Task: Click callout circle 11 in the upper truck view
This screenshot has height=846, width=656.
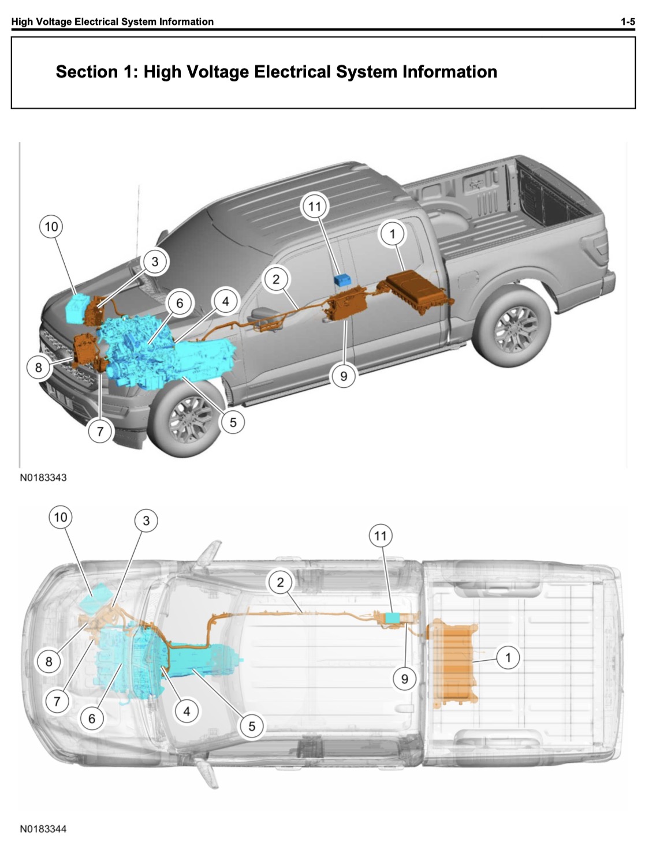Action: [x=315, y=207]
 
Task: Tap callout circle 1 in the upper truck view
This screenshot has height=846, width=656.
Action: [x=392, y=234]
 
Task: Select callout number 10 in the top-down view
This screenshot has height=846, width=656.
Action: [x=61, y=517]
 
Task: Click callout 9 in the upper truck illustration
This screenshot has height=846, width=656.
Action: [x=343, y=376]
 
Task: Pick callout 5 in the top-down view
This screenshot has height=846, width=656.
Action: [x=252, y=726]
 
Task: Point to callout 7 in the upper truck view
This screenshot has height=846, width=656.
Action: [x=100, y=432]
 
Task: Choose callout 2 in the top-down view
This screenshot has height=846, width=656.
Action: [x=281, y=582]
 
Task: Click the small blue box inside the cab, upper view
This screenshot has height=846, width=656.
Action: [x=342, y=280]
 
